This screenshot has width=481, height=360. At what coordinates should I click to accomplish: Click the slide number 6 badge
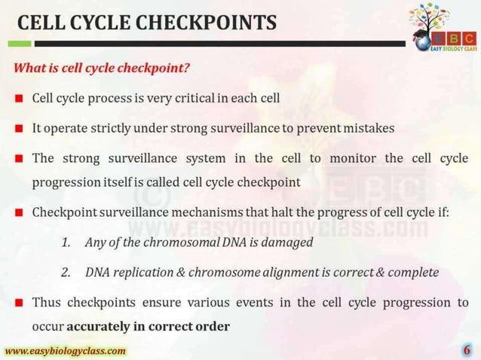467,350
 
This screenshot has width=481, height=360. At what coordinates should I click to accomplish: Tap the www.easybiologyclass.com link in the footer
66,351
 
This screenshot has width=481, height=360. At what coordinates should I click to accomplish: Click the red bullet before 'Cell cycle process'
18,99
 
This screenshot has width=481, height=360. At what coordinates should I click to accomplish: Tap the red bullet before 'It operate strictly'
18,128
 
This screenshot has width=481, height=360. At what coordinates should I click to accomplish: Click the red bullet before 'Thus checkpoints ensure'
18,303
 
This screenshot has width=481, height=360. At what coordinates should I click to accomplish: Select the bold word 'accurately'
97,327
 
